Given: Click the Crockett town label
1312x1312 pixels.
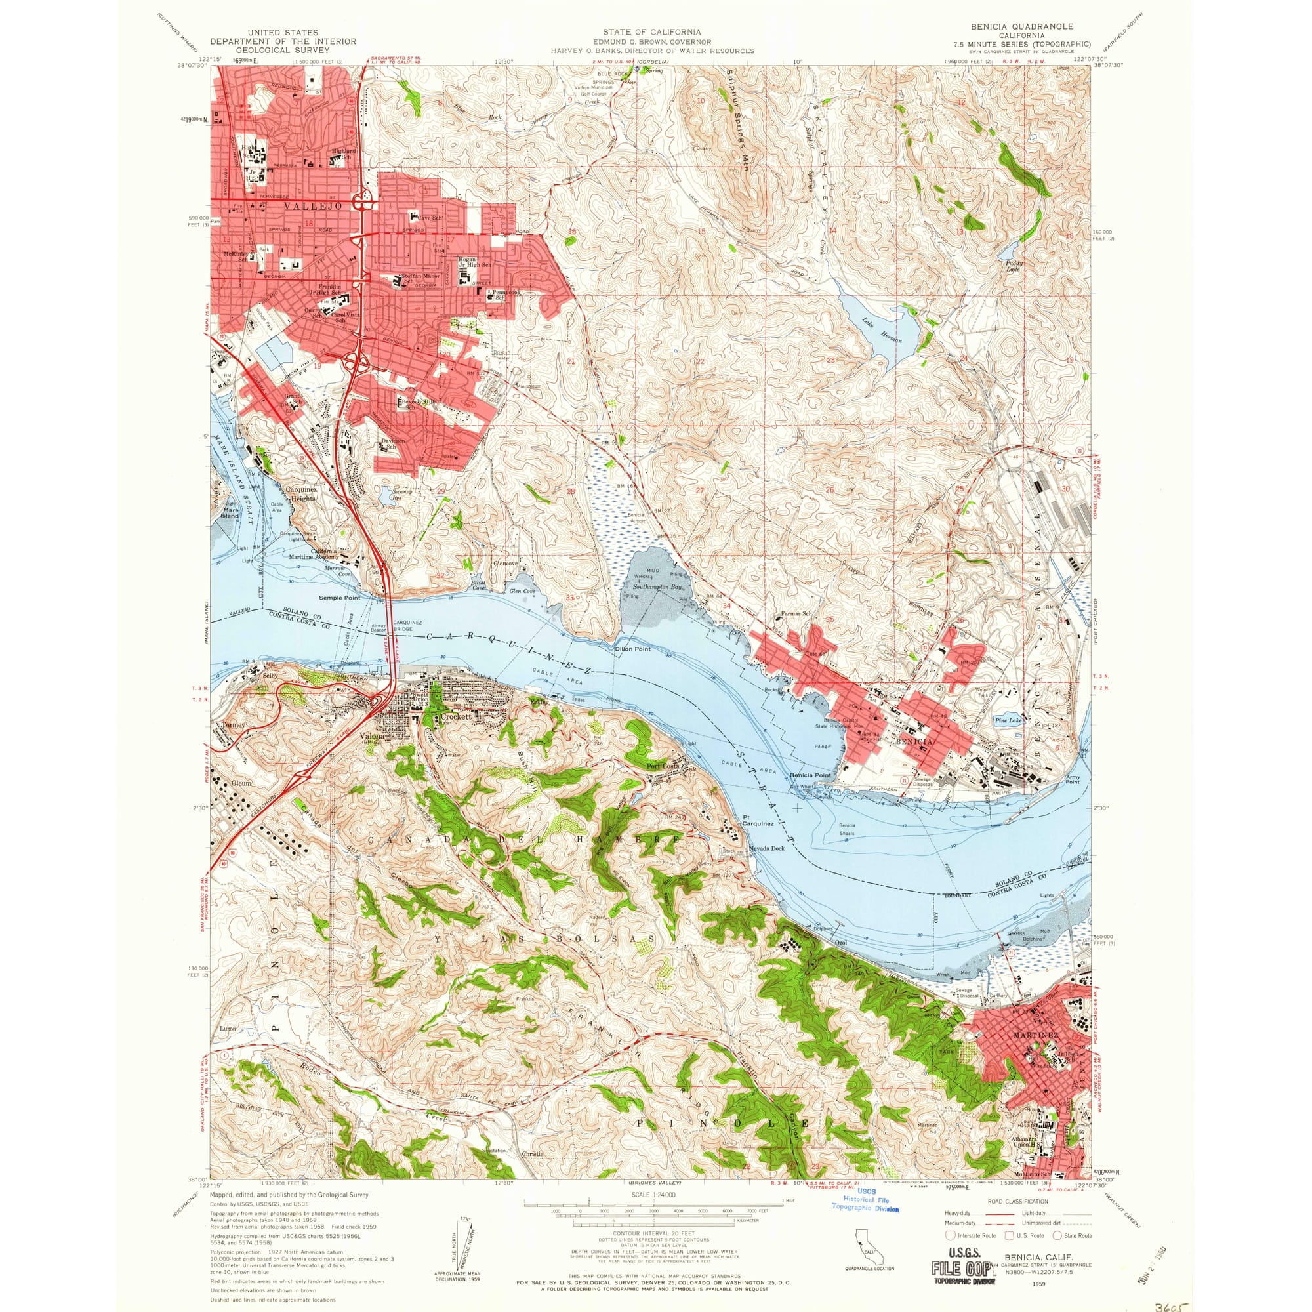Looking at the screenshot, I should point(456,716).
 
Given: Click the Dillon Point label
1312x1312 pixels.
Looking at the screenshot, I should point(633,649).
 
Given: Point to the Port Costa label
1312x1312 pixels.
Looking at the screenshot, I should point(663,766).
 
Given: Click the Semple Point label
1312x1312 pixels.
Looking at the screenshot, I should point(340,598).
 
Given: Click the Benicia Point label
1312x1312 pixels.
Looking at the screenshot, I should point(810,775).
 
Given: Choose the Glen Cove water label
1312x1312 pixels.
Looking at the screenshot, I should point(522,592).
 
